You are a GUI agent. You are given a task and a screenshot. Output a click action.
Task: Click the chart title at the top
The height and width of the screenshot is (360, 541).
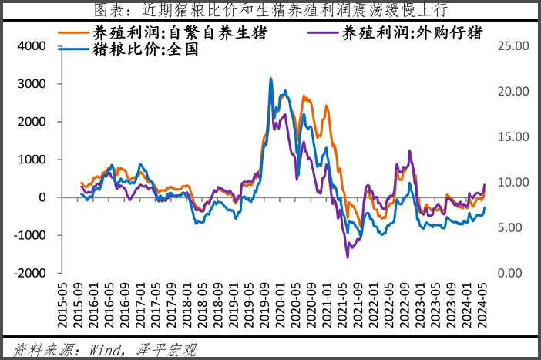(270, 10)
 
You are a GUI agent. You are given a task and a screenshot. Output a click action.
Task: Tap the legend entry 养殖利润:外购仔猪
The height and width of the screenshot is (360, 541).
(415, 33)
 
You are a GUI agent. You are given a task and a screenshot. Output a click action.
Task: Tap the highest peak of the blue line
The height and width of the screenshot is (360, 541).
(270, 78)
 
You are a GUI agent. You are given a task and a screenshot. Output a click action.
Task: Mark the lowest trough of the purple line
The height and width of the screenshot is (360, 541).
(348, 257)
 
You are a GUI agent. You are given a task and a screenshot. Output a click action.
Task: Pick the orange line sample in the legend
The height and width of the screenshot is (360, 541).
(75, 33)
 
